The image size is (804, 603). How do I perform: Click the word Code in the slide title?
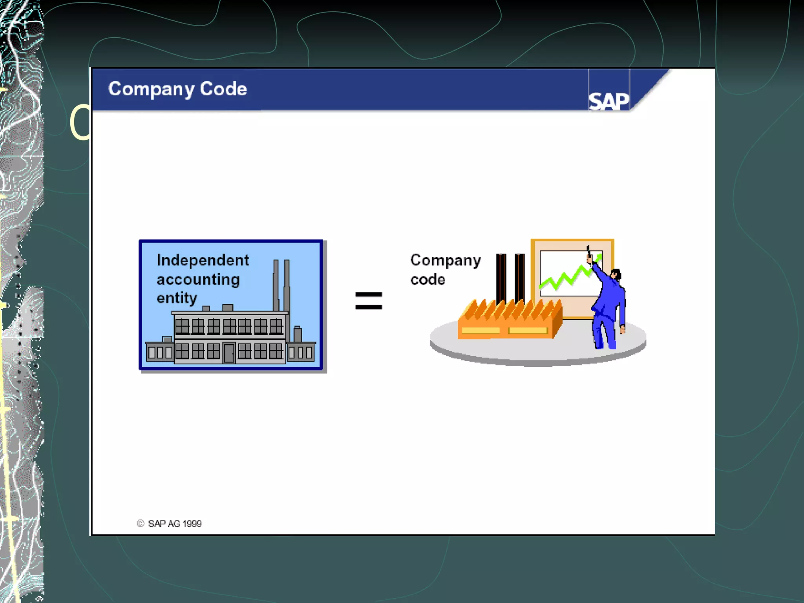click(x=223, y=89)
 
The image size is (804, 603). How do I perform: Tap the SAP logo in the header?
click(x=608, y=102)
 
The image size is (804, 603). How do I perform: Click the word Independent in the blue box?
click(x=203, y=260)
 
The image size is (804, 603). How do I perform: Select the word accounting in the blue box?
click(x=198, y=280)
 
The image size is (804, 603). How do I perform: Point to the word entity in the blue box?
click(x=177, y=298)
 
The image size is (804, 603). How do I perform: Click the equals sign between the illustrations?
click(x=368, y=301)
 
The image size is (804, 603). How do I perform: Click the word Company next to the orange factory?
click(x=445, y=260)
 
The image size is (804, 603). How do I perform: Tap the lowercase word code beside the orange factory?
click(x=428, y=280)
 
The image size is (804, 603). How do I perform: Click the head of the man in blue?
click(x=616, y=274)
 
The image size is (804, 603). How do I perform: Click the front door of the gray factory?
click(x=229, y=353)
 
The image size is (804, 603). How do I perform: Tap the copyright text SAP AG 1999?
click(x=174, y=524)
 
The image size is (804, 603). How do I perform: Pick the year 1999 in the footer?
click(x=192, y=524)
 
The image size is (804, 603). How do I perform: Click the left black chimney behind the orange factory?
click(x=501, y=277)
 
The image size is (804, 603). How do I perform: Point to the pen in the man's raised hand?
click(x=588, y=251)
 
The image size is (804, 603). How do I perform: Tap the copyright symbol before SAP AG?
click(x=140, y=523)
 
